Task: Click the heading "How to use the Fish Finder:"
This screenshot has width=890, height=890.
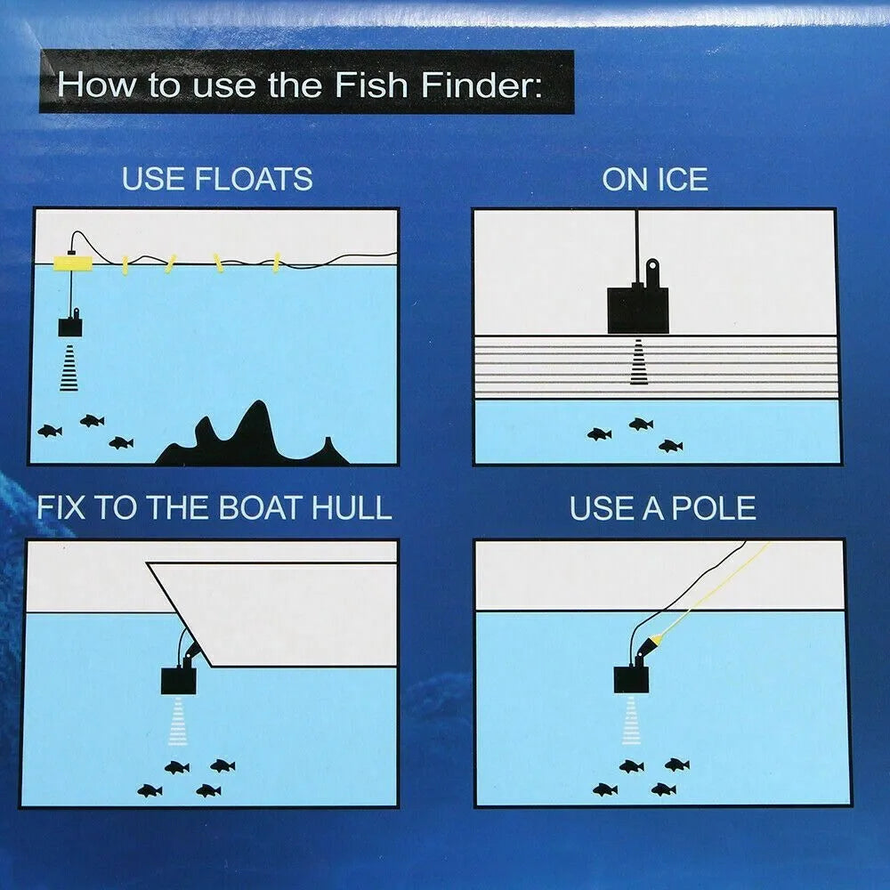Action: [x=305, y=85]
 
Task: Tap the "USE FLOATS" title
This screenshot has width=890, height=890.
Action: [x=217, y=179]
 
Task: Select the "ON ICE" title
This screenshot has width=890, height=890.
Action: [x=655, y=179]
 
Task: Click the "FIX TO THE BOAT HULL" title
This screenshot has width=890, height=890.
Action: [x=214, y=507]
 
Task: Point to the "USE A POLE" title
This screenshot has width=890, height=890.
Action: [x=663, y=508]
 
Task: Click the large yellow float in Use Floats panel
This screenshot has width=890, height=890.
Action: [x=74, y=263]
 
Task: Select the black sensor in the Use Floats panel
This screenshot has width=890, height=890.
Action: [x=70, y=326]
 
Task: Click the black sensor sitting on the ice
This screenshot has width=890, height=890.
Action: [x=637, y=308]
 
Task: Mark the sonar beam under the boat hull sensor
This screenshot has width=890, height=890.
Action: [x=178, y=720]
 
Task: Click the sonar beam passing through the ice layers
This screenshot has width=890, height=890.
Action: [x=638, y=363]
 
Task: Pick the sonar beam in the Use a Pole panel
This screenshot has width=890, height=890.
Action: [x=632, y=720]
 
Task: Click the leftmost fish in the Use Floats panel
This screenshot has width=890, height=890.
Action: [x=50, y=431]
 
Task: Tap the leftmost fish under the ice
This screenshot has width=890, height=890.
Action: [x=599, y=434]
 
